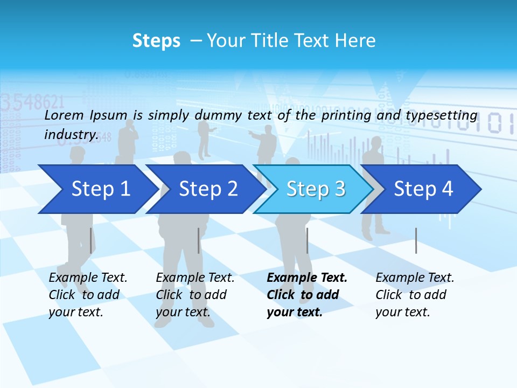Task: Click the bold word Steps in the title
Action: [x=156, y=41]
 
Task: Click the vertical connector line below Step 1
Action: [x=90, y=240]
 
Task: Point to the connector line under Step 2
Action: [x=199, y=240]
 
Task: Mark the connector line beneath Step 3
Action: [x=307, y=240]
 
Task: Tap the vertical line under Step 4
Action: [x=416, y=240]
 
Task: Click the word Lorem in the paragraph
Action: [x=64, y=115]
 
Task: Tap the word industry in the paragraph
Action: [x=71, y=135]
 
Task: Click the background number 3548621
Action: [x=32, y=101]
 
